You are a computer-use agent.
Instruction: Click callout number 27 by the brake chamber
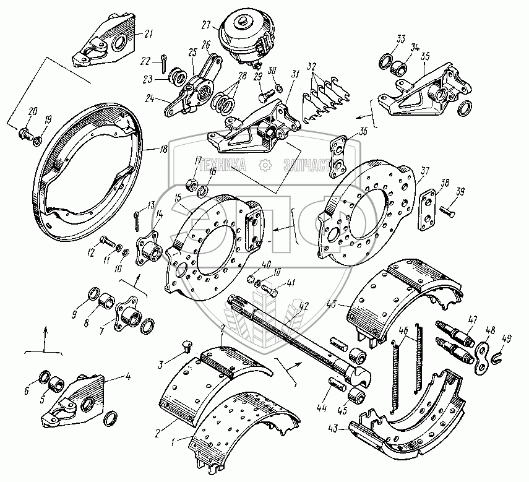coord(205,25)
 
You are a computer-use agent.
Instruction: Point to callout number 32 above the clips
coord(311,66)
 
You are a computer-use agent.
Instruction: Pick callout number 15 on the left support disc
coord(178,197)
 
